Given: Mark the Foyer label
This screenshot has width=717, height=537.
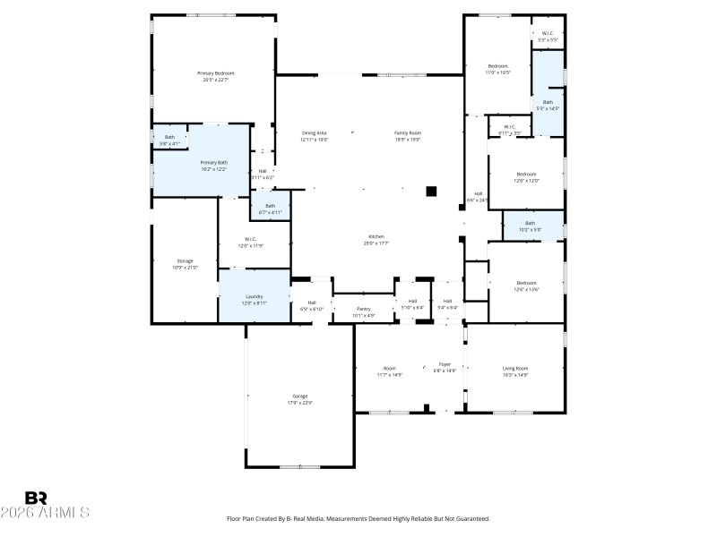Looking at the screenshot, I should [x=444, y=365].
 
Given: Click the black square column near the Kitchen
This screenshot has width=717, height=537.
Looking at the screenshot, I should [x=431, y=190].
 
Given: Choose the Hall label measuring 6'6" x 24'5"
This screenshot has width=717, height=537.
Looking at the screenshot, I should [x=479, y=196].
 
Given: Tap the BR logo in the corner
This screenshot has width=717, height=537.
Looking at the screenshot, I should [x=36, y=498].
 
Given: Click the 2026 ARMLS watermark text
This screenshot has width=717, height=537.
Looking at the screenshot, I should [x=45, y=514].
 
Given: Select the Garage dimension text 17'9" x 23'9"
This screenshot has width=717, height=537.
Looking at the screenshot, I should [x=300, y=404].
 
